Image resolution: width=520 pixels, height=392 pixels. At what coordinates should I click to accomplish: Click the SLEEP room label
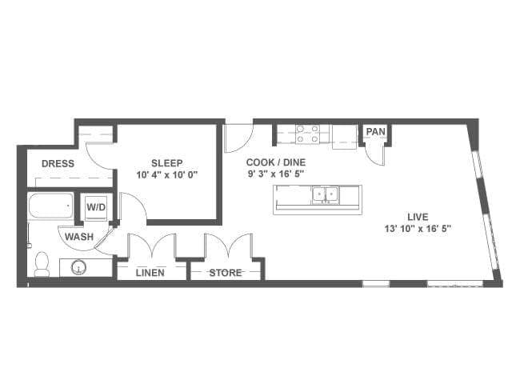click(x=167, y=163)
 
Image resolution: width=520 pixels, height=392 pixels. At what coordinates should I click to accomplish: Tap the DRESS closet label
click(x=58, y=163)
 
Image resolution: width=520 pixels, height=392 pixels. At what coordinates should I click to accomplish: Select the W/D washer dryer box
click(x=96, y=208)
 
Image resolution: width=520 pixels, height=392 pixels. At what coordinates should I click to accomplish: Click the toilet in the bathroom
click(x=42, y=264)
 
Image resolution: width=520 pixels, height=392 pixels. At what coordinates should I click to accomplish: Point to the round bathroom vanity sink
click(x=79, y=267)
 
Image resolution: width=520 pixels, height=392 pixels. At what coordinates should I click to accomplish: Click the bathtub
click(x=51, y=206)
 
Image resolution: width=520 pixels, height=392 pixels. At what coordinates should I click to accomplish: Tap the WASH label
click(x=79, y=237)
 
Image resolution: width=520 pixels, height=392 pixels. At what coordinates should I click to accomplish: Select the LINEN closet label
click(x=150, y=273)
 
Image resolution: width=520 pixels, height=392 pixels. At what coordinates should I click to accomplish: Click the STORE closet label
click(x=226, y=273)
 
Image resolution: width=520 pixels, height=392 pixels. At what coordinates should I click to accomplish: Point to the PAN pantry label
click(x=376, y=132)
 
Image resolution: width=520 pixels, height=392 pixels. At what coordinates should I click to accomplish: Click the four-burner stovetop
click(x=308, y=134)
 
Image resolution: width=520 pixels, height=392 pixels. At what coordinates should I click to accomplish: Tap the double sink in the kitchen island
click(x=326, y=194)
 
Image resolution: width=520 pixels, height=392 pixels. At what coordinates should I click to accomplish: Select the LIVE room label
click(x=418, y=218)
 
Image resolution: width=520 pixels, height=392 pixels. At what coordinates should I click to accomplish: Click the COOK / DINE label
click(x=276, y=162)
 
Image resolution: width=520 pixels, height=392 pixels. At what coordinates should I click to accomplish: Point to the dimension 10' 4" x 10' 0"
click(x=167, y=174)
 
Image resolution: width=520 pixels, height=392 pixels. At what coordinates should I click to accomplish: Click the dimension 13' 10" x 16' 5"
click(x=418, y=229)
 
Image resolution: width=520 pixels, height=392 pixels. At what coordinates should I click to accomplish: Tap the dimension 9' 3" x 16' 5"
click(x=276, y=174)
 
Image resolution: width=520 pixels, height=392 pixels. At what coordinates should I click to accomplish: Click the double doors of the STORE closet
click(x=228, y=246)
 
